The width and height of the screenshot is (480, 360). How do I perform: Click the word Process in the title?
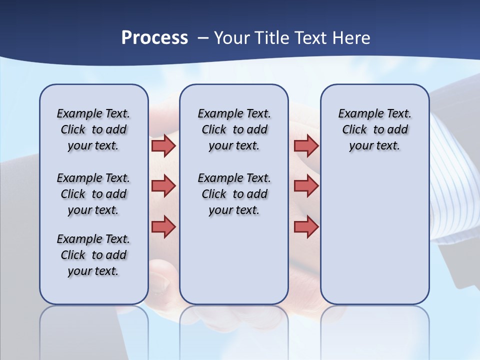point(154,38)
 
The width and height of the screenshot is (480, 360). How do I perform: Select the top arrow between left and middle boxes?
point(163,145)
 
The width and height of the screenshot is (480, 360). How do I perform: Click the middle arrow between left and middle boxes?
point(163,186)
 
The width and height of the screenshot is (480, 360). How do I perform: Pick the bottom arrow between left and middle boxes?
point(163,227)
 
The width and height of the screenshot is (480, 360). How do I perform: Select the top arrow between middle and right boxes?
point(306,145)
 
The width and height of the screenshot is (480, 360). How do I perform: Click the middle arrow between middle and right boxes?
point(306,186)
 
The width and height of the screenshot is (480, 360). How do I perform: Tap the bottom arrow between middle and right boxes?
point(306,227)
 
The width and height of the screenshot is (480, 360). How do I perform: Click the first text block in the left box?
point(93,129)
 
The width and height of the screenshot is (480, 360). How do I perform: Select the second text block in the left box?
point(93,194)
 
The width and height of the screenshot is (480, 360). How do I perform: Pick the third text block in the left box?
point(93,255)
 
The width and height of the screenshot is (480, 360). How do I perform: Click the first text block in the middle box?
point(234,129)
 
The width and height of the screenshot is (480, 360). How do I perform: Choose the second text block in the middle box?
point(234,194)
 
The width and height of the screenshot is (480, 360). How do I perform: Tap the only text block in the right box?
point(374,129)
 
